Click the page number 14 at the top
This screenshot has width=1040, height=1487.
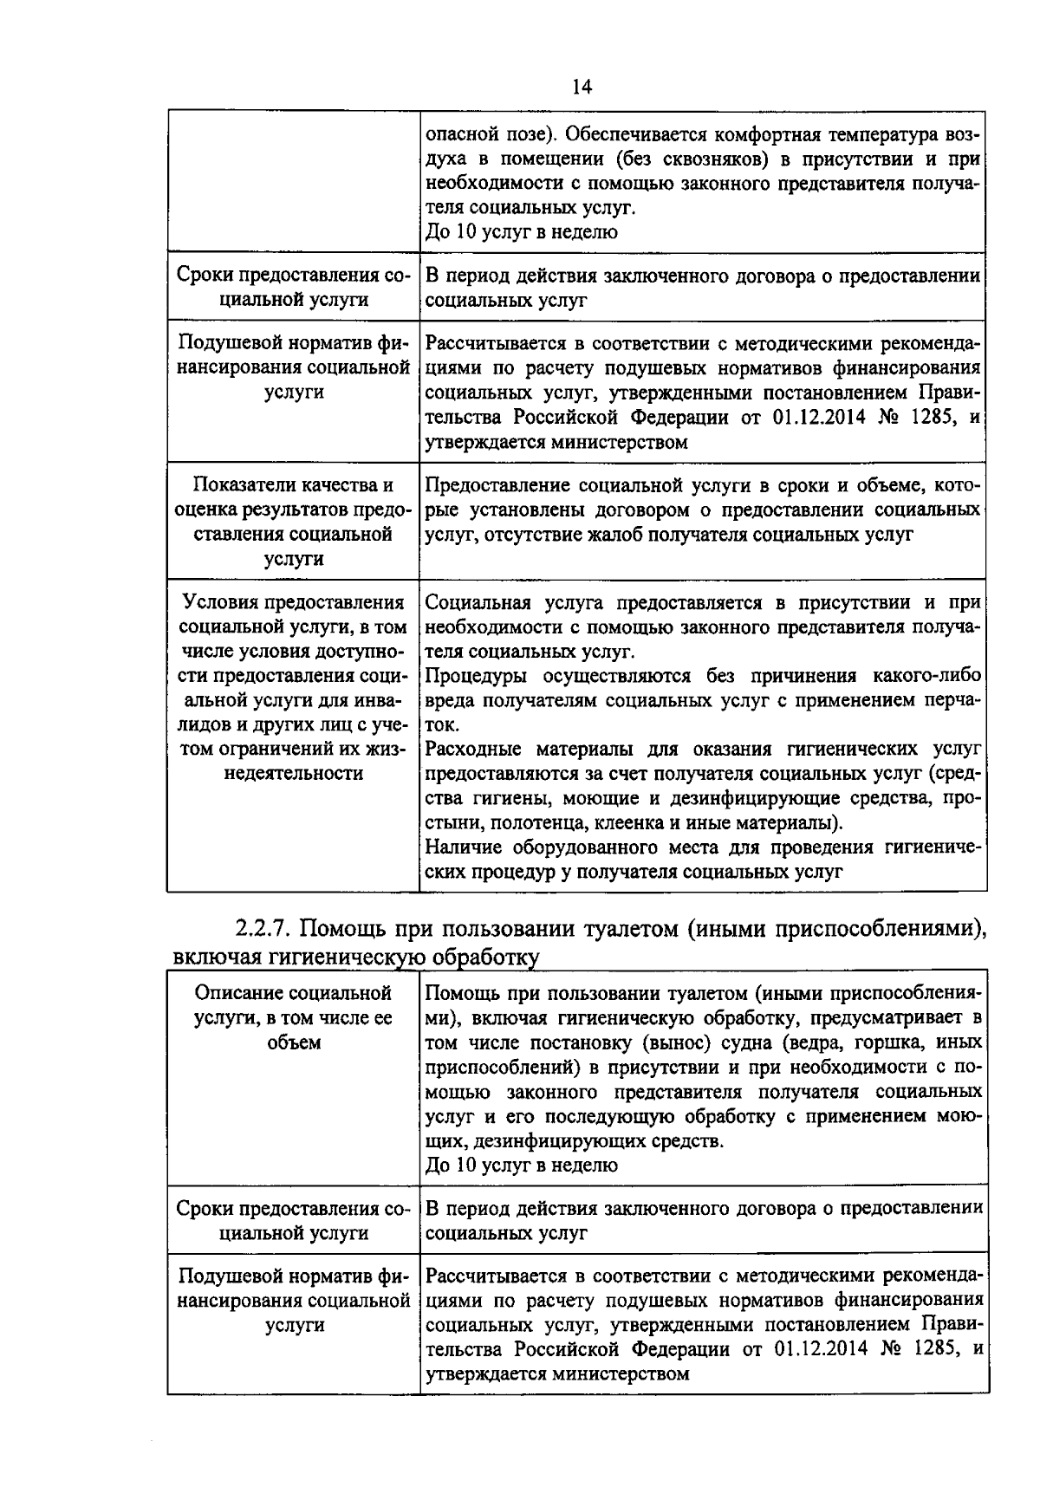pos(582,87)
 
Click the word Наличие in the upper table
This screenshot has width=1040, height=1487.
pos(461,847)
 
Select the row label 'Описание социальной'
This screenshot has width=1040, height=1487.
pos(293,993)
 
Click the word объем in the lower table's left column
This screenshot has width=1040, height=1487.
pos(293,1042)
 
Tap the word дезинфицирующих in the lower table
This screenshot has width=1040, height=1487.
pos(568,1140)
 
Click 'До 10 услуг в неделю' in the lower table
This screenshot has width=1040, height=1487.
pos(522,1165)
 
